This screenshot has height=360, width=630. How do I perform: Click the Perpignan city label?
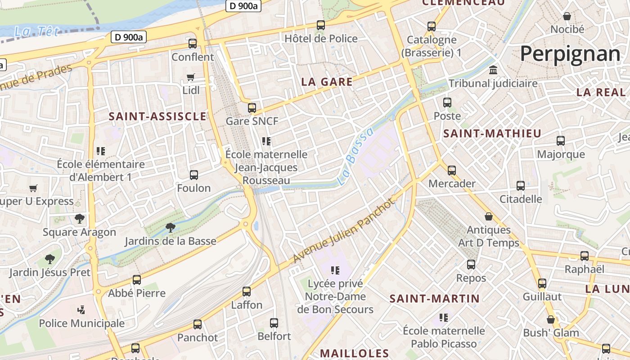pyautogui.click(x=570, y=54)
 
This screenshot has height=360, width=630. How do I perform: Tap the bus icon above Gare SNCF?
pyautogui.click(x=252, y=108)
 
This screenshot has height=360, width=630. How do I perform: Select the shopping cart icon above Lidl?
pyautogui.click(x=191, y=77)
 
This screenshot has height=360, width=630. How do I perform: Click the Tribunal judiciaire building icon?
pyautogui.click(x=493, y=71)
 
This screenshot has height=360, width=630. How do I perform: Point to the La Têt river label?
pyautogui.click(x=37, y=31)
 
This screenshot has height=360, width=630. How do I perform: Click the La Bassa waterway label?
pyautogui.click(x=355, y=157)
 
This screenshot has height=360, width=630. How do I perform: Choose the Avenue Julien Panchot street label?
pyautogui.click(x=344, y=230)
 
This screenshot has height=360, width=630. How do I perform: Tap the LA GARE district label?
pyautogui.click(x=327, y=82)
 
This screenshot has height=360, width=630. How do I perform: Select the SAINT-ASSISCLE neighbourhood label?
pyautogui.click(x=157, y=117)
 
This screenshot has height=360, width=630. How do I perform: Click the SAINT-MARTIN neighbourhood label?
pyautogui.click(x=435, y=298)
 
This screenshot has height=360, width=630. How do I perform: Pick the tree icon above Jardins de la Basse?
pyautogui.click(x=171, y=228)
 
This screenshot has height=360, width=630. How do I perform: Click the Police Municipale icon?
pyautogui.click(x=81, y=310)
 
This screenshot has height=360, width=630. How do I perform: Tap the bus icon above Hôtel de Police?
pyautogui.click(x=321, y=25)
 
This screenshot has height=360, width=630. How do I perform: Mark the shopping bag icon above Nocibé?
pyautogui.click(x=567, y=16)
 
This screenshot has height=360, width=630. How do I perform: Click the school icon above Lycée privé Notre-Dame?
pyautogui.click(x=335, y=270)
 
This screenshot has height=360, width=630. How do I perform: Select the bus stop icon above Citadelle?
pyautogui.click(x=521, y=185)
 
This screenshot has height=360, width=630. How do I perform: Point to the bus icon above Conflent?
pyautogui.click(x=193, y=44)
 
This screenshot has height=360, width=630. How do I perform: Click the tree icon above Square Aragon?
pyautogui.click(x=80, y=219)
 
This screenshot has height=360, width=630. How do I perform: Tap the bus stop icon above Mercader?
pyautogui.click(x=452, y=171)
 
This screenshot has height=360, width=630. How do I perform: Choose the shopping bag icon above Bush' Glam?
pyautogui.click(x=551, y=319)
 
